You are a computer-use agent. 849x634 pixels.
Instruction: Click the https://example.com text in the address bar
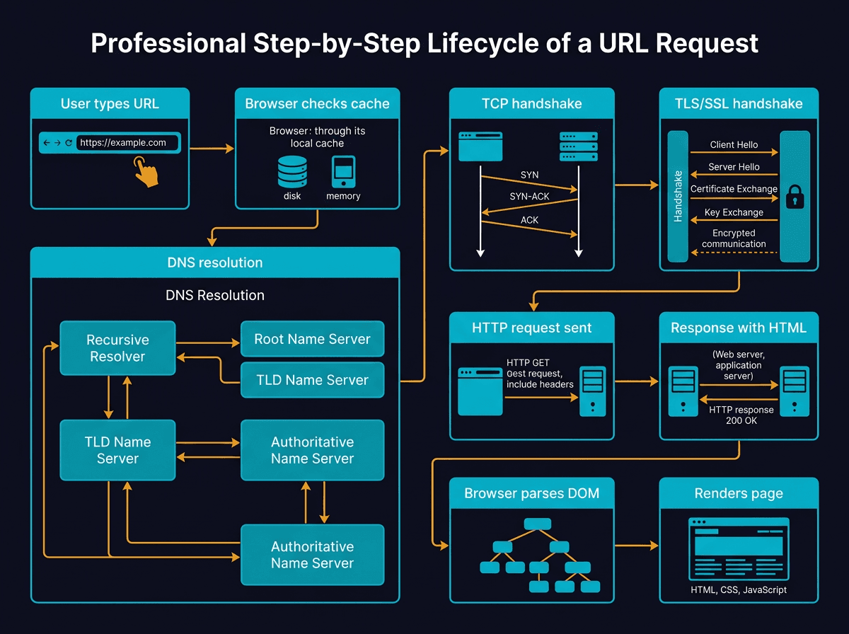point(123,143)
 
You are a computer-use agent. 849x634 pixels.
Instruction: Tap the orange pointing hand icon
point(147,172)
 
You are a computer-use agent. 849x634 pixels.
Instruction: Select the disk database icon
point(292,171)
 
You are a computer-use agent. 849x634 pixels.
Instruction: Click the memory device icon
point(343,171)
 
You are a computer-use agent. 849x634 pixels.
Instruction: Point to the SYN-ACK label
point(529,196)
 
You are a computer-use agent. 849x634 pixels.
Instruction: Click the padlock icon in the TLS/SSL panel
point(795,196)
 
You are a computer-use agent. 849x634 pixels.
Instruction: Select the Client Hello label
point(734,145)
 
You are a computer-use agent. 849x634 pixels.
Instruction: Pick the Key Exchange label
point(734,212)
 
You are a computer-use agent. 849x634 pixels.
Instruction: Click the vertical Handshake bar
point(678,196)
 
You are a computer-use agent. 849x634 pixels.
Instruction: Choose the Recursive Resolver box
point(117,348)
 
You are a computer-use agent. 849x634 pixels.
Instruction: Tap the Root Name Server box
point(312,339)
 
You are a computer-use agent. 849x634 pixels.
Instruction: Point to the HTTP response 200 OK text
point(741,415)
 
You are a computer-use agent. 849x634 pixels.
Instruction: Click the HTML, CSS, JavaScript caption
point(738,589)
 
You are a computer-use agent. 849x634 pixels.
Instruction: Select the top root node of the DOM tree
point(537,524)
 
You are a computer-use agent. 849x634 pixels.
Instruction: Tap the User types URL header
point(110,104)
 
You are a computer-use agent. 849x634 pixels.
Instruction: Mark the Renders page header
point(739,493)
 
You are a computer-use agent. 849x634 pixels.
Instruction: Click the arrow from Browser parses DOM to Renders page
point(636,546)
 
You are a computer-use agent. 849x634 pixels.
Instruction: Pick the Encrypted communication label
point(734,238)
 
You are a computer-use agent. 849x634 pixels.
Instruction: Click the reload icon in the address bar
point(68,143)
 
